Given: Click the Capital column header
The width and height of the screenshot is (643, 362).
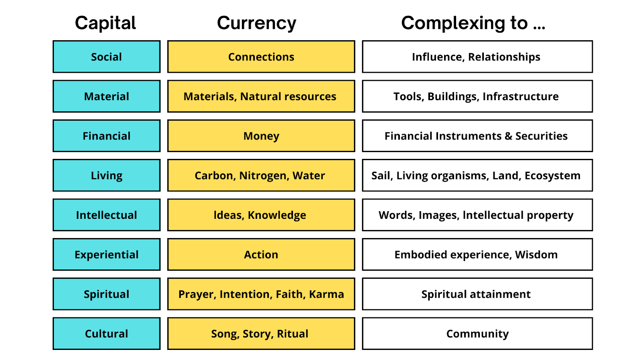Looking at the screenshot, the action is coord(105,23).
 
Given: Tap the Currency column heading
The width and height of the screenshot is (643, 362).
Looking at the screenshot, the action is coord(256,23).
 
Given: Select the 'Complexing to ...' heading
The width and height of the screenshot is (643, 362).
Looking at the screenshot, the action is coord(473,23).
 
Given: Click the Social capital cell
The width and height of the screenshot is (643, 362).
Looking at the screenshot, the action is coord(106,57).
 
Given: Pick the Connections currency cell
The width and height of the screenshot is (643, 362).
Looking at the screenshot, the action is coord(261,57).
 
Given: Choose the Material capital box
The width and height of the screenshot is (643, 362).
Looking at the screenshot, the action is coord(106,97).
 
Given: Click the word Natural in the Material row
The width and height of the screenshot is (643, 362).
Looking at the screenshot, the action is coord(260,97).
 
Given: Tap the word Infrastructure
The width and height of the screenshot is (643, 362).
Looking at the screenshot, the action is coord(520,97).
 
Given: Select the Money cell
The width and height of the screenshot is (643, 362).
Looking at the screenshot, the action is coord(261,136).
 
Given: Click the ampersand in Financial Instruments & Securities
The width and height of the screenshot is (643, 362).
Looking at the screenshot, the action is coord(508,136).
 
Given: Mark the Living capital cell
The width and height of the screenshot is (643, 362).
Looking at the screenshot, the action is coord(106,175).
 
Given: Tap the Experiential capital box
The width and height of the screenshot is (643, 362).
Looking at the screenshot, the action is coord(106,255).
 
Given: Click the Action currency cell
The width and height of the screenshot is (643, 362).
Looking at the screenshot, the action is coord(261,255).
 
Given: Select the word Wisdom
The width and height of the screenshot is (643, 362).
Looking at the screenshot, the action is coord(536,255).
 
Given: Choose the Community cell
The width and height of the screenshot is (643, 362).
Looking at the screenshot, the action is coord(477,334).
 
